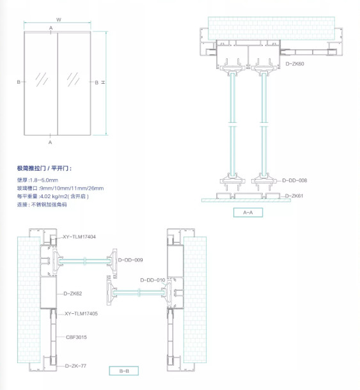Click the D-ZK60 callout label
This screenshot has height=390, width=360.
pyautogui.click(x=295, y=64)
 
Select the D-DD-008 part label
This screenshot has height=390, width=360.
pyautogui.click(x=295, y=180)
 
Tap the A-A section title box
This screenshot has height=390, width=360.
pyautogui.click(x=248, y=212)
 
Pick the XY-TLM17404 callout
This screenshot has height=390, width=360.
pyautogui.click(x=79, y=237)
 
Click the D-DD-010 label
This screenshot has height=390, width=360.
pyautogui.click(x=153, y=281)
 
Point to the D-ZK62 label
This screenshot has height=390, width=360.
pyautogui.click(x=73, y=293)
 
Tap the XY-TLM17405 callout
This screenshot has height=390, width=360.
pyautogui.click(x=81, y=314)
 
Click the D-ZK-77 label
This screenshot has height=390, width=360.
pyautogui.click(x=75, y=366)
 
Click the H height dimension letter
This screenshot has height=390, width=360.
pyautogui.click(x=102, y=82)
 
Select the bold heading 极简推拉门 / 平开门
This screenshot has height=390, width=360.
pyautogui.click(x=45, y=168)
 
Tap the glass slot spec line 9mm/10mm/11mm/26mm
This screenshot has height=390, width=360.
pyautogui.click(x=60, y=188)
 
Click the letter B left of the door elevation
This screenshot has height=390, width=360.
pyautogui.click(x=19, y=82)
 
